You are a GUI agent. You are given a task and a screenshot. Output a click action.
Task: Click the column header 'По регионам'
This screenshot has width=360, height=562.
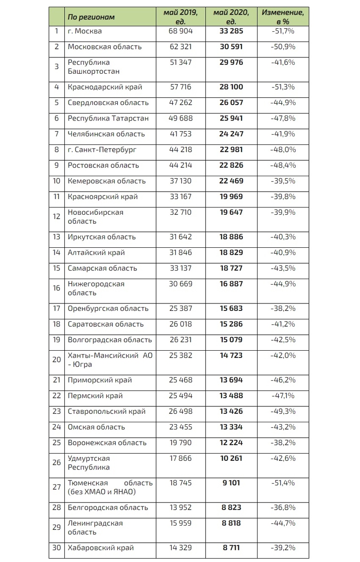91,17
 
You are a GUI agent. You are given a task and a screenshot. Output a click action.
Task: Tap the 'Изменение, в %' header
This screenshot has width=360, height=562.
282,17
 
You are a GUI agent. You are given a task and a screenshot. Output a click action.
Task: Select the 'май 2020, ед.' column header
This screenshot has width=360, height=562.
231,17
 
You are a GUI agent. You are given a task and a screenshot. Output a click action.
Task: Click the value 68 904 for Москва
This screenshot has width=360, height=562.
180,31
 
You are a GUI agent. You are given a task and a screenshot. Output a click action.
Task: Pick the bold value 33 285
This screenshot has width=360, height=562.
231,31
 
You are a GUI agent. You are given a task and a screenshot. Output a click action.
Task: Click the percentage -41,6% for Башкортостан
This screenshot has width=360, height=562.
283,63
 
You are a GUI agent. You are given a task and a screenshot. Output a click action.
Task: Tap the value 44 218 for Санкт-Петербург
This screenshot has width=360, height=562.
180,150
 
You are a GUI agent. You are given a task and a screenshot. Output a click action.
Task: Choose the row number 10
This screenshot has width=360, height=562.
57,181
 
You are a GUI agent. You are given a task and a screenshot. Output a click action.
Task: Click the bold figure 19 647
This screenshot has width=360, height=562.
231,213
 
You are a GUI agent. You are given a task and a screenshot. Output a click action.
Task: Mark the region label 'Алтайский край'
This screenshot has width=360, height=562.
96,252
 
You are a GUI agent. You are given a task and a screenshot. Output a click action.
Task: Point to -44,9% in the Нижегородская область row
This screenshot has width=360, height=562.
283,284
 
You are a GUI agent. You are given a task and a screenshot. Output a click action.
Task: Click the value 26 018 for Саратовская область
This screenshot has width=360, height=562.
180,324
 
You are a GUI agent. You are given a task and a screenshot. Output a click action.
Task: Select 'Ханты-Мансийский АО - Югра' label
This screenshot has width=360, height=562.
110,360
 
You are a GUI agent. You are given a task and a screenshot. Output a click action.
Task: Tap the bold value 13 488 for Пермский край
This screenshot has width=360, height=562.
231,396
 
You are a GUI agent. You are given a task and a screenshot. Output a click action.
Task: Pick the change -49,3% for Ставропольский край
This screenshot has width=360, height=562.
283,412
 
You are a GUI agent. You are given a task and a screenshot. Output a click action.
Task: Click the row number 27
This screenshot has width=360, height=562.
57,487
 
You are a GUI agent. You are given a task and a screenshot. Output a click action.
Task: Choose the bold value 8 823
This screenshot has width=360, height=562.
231,508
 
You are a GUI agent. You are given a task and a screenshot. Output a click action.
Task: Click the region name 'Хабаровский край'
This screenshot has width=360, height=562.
101,548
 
